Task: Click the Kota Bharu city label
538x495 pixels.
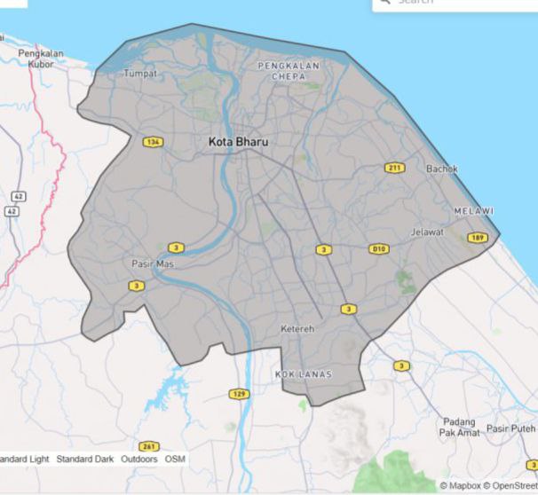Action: (237, 142)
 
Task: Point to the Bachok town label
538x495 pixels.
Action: (441, 168)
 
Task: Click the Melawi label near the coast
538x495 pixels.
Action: (473, 210)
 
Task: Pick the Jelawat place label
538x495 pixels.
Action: (427, 232)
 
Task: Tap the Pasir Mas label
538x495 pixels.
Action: (153, 264)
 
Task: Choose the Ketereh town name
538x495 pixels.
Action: (297, 329)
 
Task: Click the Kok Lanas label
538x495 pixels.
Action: (304, 374)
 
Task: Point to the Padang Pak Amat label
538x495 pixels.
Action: (459, 427)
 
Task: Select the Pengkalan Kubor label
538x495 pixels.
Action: (42, 59)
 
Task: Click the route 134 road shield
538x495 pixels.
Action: (153, 142)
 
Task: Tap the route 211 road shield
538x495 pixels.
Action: (394, 168)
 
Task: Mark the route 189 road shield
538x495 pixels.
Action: (478, 237)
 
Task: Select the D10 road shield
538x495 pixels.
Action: (379, 249)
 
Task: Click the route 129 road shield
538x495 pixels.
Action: (239, 394)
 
